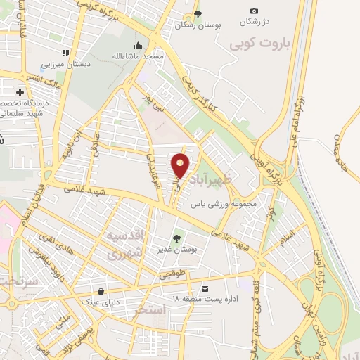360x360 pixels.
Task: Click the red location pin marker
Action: point(181,165)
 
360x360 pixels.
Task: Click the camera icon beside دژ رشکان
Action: point(254,11)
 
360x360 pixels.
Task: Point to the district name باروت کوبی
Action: point(258,44)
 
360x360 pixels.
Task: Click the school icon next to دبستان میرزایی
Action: point(65,53)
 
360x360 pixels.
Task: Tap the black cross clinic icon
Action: point(20,92)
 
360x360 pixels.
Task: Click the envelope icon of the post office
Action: point(205,288)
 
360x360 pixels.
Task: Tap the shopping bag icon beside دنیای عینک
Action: point(101,291)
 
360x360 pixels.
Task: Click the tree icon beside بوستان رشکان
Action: point(198,14)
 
